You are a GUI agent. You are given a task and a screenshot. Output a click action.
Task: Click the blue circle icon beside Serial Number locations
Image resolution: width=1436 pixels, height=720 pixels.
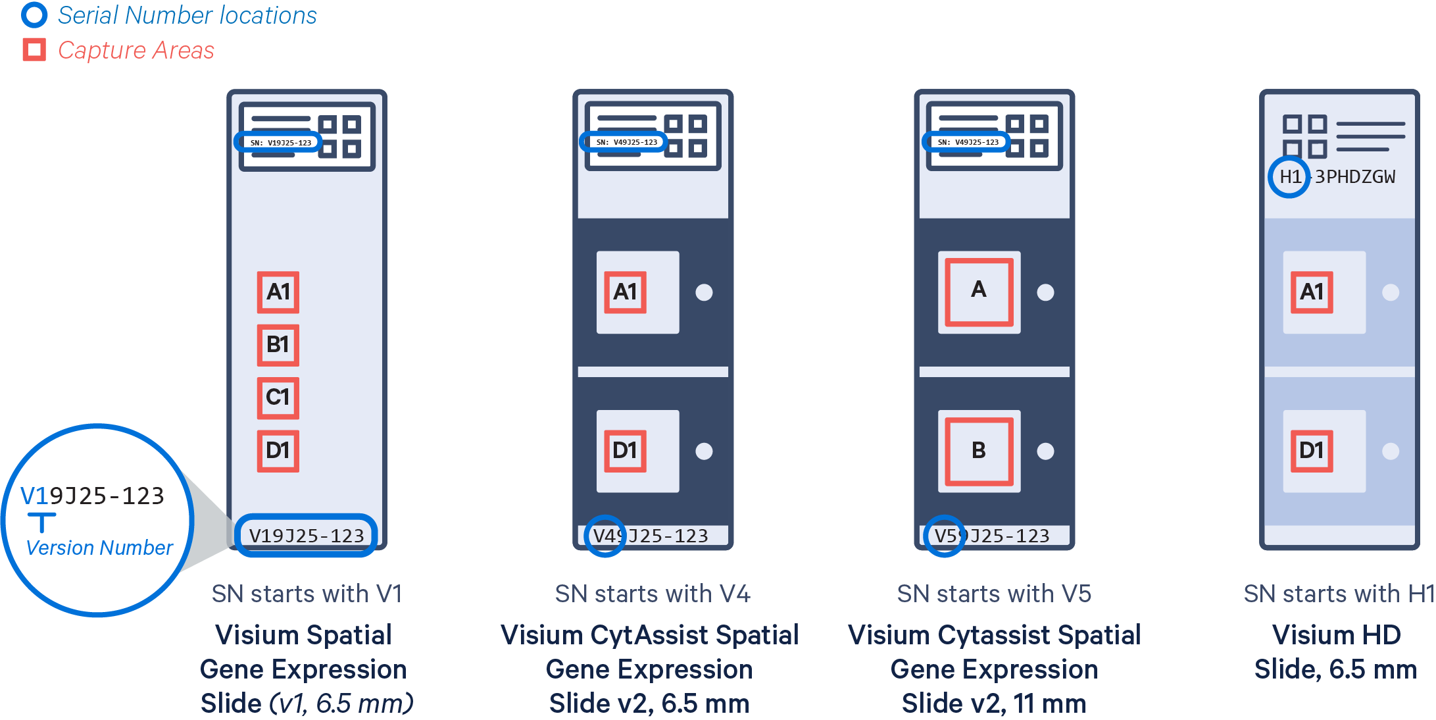34,15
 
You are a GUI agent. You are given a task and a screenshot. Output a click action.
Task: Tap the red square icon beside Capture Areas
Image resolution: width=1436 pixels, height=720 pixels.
34,50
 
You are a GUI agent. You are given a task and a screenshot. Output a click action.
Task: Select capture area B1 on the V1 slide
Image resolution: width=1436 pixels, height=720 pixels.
278,345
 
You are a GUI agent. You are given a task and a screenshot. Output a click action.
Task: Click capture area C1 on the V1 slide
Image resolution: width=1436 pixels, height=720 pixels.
278,398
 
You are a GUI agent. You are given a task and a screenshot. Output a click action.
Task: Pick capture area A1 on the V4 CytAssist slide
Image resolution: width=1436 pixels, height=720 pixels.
625,292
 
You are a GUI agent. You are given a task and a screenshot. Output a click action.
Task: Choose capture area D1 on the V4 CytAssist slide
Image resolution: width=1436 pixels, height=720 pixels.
625,451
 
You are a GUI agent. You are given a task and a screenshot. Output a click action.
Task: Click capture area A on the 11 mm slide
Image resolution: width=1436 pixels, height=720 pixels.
979,292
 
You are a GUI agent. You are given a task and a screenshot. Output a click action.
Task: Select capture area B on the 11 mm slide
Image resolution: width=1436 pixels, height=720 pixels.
979,451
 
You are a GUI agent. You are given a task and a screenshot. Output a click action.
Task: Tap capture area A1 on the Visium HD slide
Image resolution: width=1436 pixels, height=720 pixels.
1312,292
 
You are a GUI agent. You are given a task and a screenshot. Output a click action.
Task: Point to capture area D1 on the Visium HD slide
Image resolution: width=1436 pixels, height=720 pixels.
1312,451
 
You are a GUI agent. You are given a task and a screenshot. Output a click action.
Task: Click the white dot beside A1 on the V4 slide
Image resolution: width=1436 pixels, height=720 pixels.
704,292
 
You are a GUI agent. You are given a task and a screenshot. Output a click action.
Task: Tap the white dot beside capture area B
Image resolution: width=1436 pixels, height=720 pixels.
1045,451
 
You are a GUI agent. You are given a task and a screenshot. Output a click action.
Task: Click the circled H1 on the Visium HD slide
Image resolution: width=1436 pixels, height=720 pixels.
1289,176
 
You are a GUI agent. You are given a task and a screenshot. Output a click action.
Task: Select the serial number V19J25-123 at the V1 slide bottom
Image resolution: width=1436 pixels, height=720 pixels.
307,536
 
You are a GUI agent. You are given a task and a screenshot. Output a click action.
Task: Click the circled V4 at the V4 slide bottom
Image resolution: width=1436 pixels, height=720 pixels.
605,536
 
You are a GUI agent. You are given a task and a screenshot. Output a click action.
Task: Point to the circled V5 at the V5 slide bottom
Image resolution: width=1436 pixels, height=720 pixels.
945,536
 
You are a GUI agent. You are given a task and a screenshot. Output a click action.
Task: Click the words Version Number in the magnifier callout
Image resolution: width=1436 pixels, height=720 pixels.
99,548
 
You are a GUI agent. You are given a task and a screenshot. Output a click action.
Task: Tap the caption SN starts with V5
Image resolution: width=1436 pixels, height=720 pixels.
994,594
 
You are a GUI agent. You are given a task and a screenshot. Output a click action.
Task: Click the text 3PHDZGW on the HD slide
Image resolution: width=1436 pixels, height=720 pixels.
1355,176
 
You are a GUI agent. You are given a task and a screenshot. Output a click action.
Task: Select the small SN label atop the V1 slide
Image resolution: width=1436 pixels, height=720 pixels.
281,142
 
